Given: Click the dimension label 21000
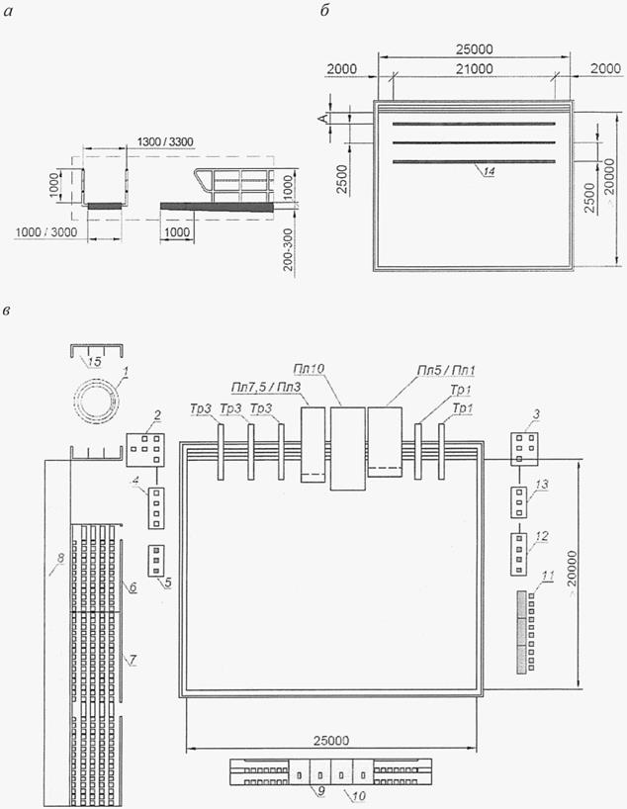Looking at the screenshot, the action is pyautogui.click(x=475, y=68).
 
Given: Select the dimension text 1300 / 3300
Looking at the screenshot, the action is pyautogui.click(x=165, y=141).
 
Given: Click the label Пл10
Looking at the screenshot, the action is pyautogui.click(x=309, y=370).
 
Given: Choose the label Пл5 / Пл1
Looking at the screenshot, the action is pyautogui.click(x=446, y=370).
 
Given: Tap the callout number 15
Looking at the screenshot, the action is pyautogui.click(x=94, y=362).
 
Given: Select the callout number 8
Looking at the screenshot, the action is pyautogui.click(x=60, y=558).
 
